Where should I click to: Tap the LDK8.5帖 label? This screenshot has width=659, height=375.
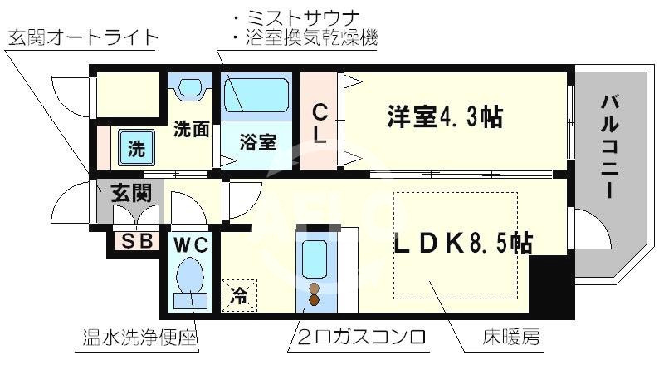click(x=462, y=242)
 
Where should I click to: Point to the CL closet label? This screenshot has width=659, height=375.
click(x=320, y=123)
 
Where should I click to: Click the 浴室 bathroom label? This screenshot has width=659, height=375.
click(x=257, y=142)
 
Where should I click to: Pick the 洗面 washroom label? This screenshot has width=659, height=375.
click(x=189, y=131)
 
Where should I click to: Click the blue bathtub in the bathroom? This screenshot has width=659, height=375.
click(x=256, y=96)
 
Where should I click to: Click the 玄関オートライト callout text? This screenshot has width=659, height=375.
click(x=83, y=37)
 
